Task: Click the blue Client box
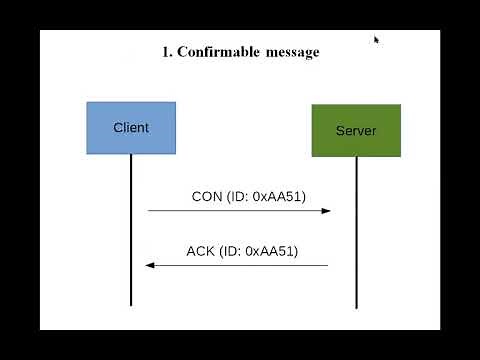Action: [x=131, y=127]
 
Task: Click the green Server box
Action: [x=356, y=130]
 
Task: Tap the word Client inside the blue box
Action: [x=131, y=127]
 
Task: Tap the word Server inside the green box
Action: [x=356, y=131]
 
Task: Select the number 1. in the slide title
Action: [x=167, y=52]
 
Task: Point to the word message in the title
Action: [x=292, y=52]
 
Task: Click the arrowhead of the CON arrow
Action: [x=326, y=211]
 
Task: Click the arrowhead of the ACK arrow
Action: [x=149, y=265]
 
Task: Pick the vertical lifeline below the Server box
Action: [x=356, y=240]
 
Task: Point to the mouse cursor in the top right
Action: [x=377, y=40]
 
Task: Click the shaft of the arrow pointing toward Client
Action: [x=240, y=265]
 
